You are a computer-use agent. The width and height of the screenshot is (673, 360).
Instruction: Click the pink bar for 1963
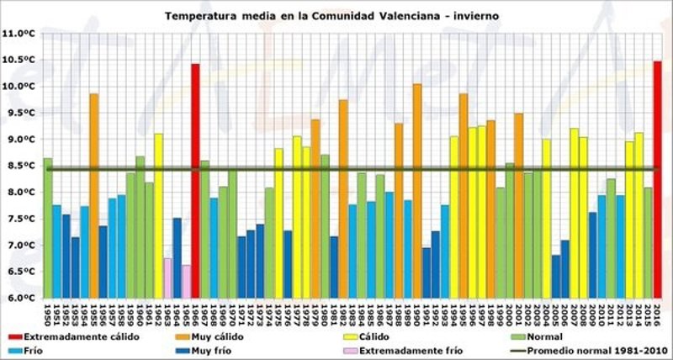(x=167, y=278)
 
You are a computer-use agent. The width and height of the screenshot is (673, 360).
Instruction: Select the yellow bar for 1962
(x=158, y=215)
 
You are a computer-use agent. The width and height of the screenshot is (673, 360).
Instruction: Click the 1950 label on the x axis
(x=48, y=312)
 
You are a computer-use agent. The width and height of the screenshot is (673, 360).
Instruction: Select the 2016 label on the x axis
(x=657, y=312)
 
